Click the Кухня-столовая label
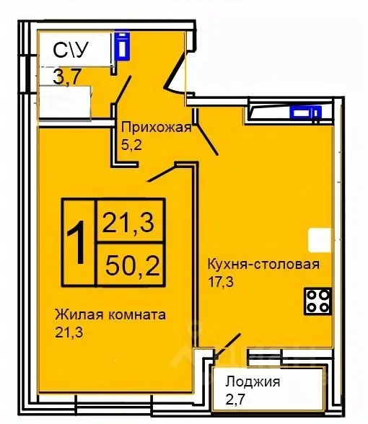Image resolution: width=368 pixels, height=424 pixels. click(x=262, y=262)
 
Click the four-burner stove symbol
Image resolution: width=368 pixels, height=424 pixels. click(x=317, y=300)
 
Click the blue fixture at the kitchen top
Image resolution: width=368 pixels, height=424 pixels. click(x=304, y=112)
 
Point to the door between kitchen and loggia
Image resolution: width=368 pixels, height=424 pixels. click(x=229, y=345)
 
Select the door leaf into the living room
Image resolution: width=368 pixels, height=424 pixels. click(x=162, y=173)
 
